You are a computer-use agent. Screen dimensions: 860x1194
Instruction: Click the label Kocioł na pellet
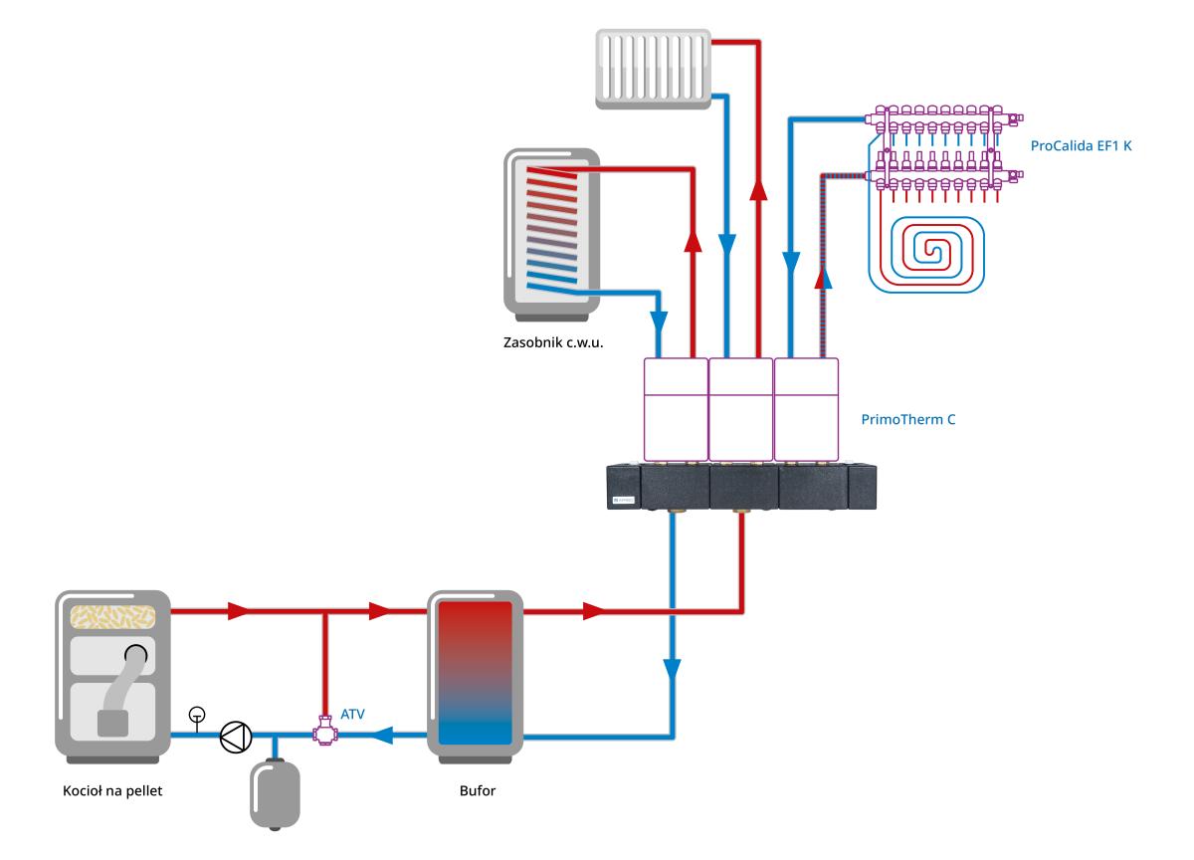(x=112, y=792)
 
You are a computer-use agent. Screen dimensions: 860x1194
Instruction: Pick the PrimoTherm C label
(x=907, y=420)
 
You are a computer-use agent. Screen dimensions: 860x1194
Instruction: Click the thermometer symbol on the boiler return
(x=197, y=715)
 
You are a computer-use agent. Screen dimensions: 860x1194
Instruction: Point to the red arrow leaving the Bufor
(x=593, y=611)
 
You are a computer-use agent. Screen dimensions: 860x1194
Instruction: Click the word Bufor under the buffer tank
(x=475, y=792)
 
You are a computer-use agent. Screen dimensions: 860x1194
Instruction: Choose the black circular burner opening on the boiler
(x=137, y=655)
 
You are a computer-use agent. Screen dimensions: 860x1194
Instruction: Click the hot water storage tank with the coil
(x=551, y=231)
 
